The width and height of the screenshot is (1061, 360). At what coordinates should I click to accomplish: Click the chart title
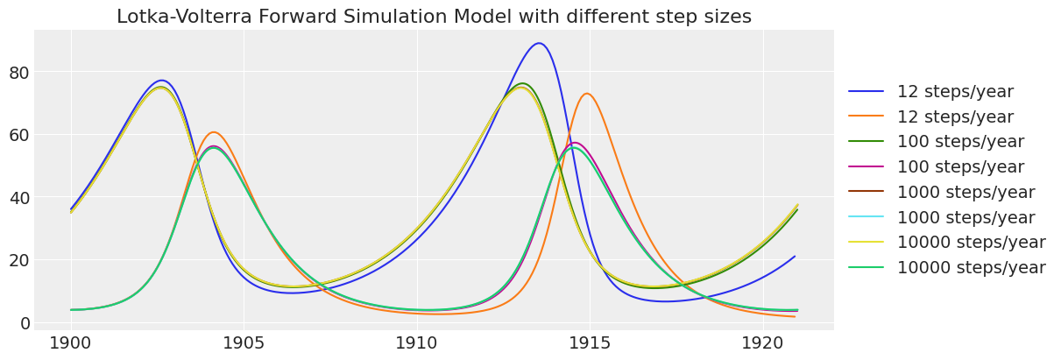[x=434, y=17]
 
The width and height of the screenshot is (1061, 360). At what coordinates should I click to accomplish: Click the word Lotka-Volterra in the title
[x=178, y=17]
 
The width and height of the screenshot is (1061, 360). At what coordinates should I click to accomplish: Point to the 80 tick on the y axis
[x=19, y=72]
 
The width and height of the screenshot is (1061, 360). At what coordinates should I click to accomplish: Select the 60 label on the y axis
[x=19, y=135]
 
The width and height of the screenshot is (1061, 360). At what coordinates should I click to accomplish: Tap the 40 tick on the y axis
[x=19, y=197]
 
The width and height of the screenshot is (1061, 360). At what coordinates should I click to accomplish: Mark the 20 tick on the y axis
[x=19, y=260]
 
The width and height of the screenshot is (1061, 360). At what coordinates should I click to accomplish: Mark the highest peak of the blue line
[x=539, y=43]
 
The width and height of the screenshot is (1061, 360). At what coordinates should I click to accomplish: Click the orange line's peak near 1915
[x=587, y=94]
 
